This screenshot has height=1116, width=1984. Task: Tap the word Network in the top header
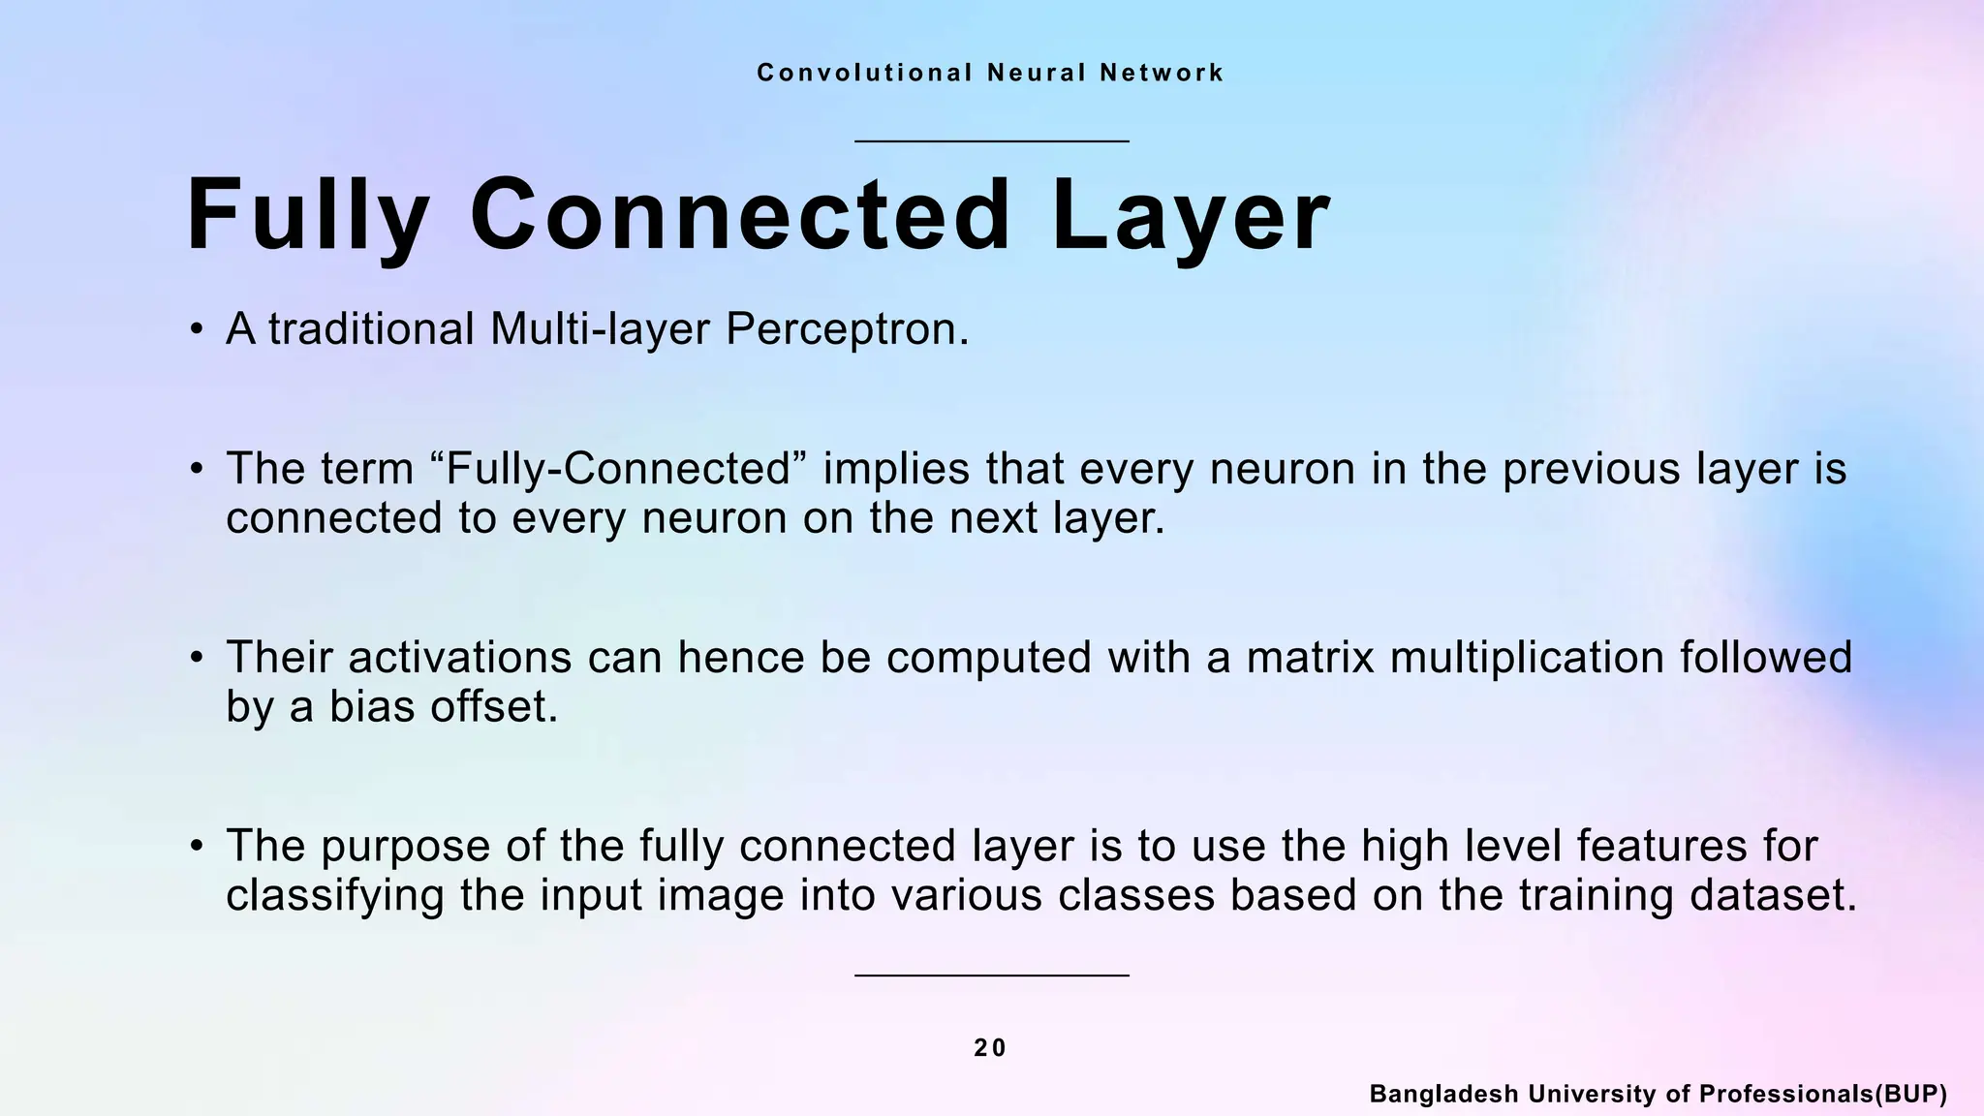coord(1162,73)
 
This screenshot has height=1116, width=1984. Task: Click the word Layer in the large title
coord(1191,215)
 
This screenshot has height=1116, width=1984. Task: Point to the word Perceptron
coord(847,329)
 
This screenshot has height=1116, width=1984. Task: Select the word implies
coord(896,470)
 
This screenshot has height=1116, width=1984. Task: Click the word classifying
coord(335,895)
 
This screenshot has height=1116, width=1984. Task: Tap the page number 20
coord(990,1048)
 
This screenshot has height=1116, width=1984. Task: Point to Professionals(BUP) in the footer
coord(1823,1095)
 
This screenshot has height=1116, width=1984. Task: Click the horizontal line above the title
coord(992,141)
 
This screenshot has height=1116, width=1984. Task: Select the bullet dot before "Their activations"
coord(197,659)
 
